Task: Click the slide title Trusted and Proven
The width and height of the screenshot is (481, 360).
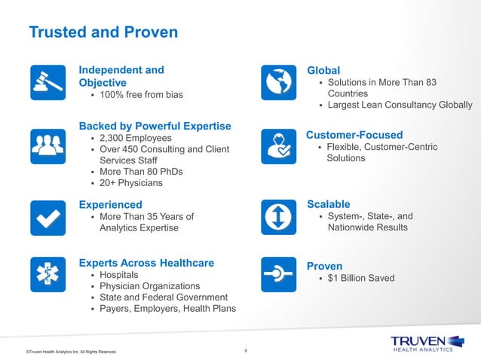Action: pyautogui.click(x=103, y=32)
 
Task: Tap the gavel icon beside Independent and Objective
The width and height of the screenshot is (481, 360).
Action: pyautogui.click(x=47, y=82)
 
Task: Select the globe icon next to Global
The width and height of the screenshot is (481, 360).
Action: pyautogui.click(x=278, y=82)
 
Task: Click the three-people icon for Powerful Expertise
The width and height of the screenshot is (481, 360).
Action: pyautogui.click(x=47, y=146)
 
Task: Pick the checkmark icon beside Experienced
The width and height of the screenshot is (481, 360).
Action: pyautogui.click(x=47, y=217)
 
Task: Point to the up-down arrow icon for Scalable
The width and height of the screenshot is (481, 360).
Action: pyautogui.click(x=278, y=217)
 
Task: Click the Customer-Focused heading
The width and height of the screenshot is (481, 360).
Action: pyautogui.click(x=354, y=135)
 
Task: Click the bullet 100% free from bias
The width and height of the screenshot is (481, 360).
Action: pyautogui.click(x=141, y=95)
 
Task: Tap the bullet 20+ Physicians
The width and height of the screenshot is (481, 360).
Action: pyautogui.click(x=130, y=182)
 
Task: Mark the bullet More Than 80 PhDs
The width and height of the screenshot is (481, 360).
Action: pyautogui.click(x=141, y=171)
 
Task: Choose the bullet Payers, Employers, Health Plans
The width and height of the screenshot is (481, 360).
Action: pyautogui.click(x=167, y=308)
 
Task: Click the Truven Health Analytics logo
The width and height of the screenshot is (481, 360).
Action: pyautogui.click(x=421, y=343)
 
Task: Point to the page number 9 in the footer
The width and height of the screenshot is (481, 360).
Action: pyautogui.click(x=246, y=349)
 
